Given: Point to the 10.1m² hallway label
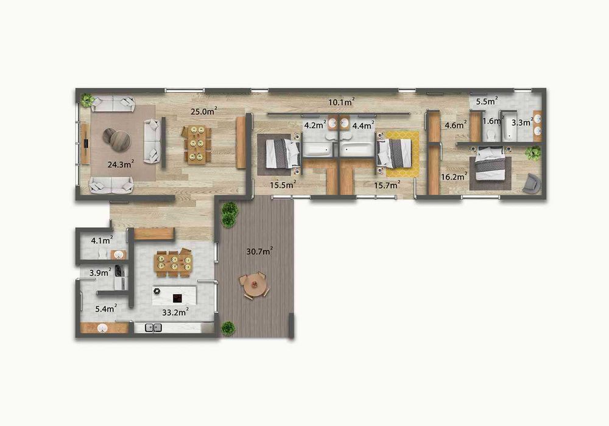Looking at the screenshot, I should [x=342, y=102].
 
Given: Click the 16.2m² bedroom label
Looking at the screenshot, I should [x=453, y=177].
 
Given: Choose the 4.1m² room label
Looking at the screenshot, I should [x=100, y=240].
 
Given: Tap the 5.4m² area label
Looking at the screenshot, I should [x=105, y=309].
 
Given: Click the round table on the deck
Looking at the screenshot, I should [x=254, y=285].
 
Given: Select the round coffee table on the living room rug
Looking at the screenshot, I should [x=116, y=138].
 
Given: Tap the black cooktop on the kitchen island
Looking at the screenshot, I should [x=178, y=298].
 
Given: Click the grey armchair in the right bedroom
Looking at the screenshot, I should [x=531, y=183].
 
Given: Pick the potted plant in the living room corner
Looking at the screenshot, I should [x=88, y=100].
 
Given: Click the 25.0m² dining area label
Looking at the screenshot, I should [x=203, y=111].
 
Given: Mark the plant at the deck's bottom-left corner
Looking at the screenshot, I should [x=228, y=328].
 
